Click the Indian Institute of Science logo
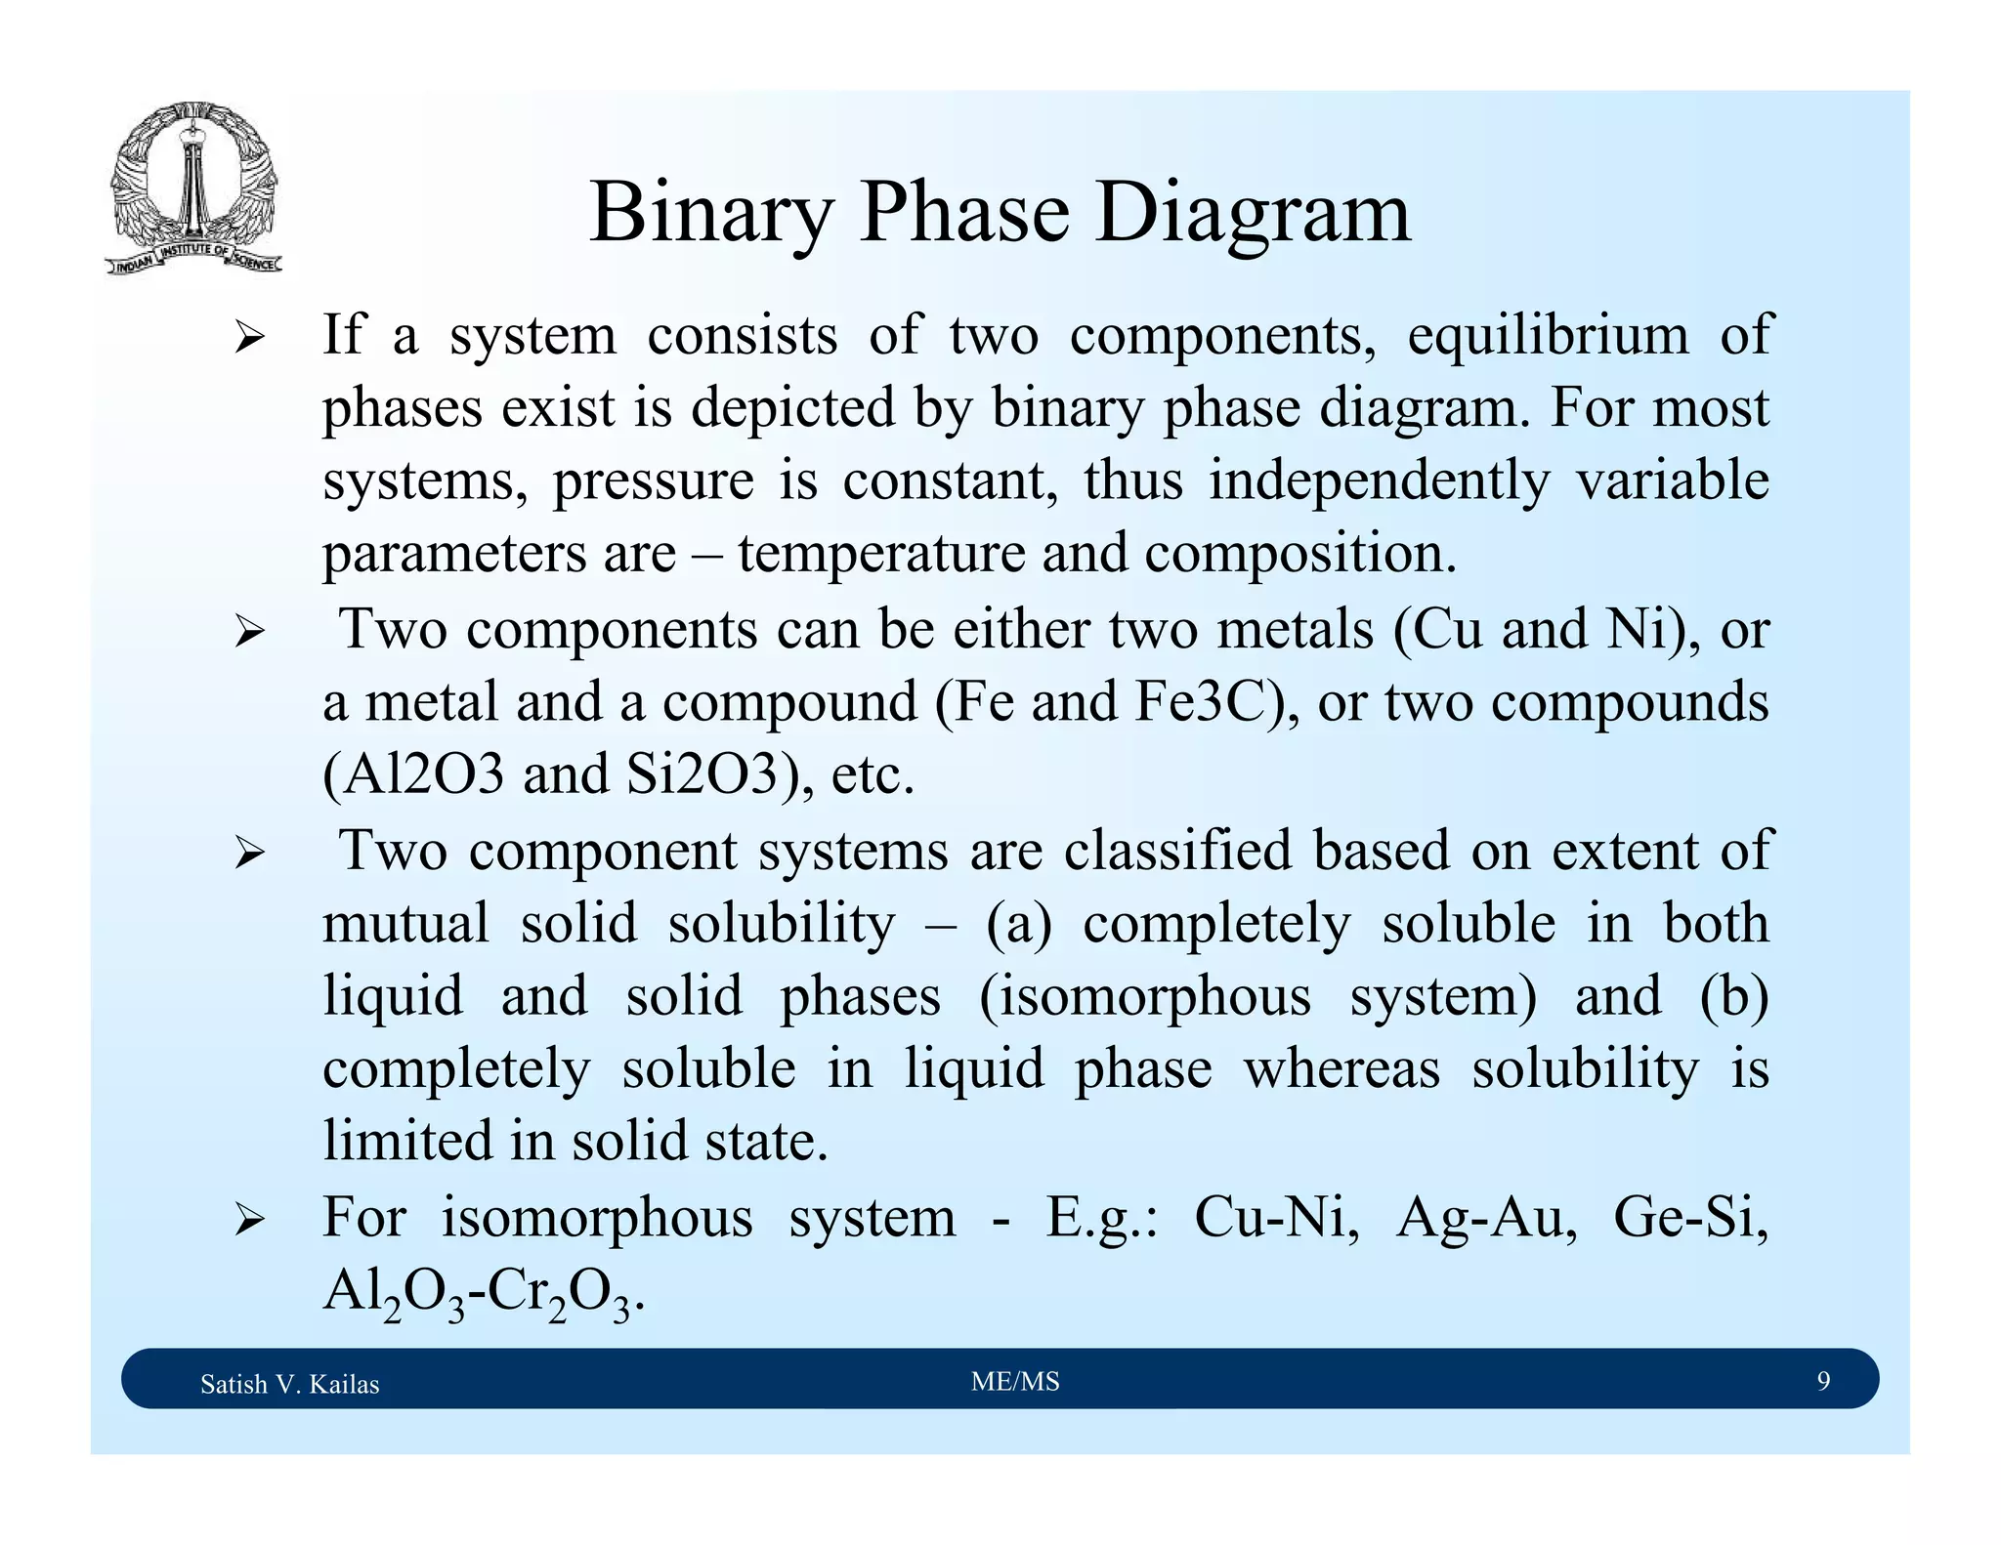(x=193, y=188)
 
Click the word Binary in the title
(x=711, y=214)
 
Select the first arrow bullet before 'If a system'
(x=250, y=339)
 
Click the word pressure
(x=653, y=481)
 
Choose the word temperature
(x=880, y=553)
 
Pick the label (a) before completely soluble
(x=1018, y=924)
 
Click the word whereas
(x=1341, y=1068)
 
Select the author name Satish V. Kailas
(x=289, y=1384)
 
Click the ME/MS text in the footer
(x=1015, y=1382)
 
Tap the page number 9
(x=1823, y=1381)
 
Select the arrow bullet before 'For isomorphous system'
(x=250, y=1220)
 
